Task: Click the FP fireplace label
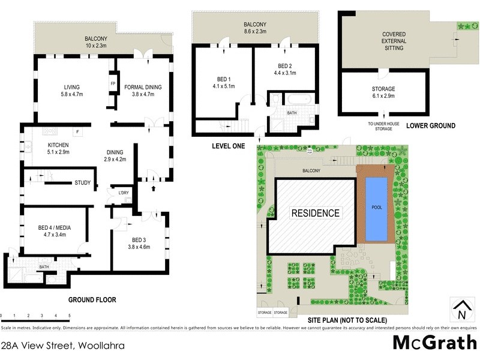coord(112,83)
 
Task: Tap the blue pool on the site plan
coord(376,207)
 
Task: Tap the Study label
coord(83,183)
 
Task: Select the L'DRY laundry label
coord(124,193)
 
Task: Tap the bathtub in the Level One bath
coord(296,100)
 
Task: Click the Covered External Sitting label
coord(394,41)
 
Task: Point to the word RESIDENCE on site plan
coord(316,213)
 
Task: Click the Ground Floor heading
coord(91,299)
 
